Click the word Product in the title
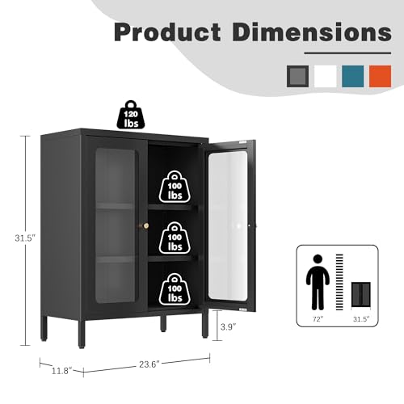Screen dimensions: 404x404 pos(167,32)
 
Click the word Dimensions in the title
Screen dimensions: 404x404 pos(312,32)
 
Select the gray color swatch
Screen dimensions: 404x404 pos(297,76)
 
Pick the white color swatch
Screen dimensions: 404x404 pos(325,76)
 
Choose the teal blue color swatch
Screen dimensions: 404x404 pos(353,76)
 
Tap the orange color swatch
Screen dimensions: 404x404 pos(380,76)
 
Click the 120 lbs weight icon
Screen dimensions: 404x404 pos(131,115)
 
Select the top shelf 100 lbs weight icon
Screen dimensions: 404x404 pos(175,187)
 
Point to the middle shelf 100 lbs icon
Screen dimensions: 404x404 pos(175,238)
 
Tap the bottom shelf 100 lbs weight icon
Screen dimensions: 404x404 pos(175,289)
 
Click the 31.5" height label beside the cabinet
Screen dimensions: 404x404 pos(25,238)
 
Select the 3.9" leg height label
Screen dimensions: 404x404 pos(228,327)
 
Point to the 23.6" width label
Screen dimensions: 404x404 pos(149,364)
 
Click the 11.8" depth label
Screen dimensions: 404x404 pos(62,371)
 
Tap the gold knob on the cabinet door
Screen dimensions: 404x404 pos(145,225)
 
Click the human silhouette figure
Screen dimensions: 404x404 pos(318,282)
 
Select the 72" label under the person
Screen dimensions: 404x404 pos(318,319)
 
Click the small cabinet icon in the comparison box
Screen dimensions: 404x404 pos(361,294)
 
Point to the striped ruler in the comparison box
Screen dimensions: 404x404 pos(339,282)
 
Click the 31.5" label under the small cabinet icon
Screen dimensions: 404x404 pos(361,319)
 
